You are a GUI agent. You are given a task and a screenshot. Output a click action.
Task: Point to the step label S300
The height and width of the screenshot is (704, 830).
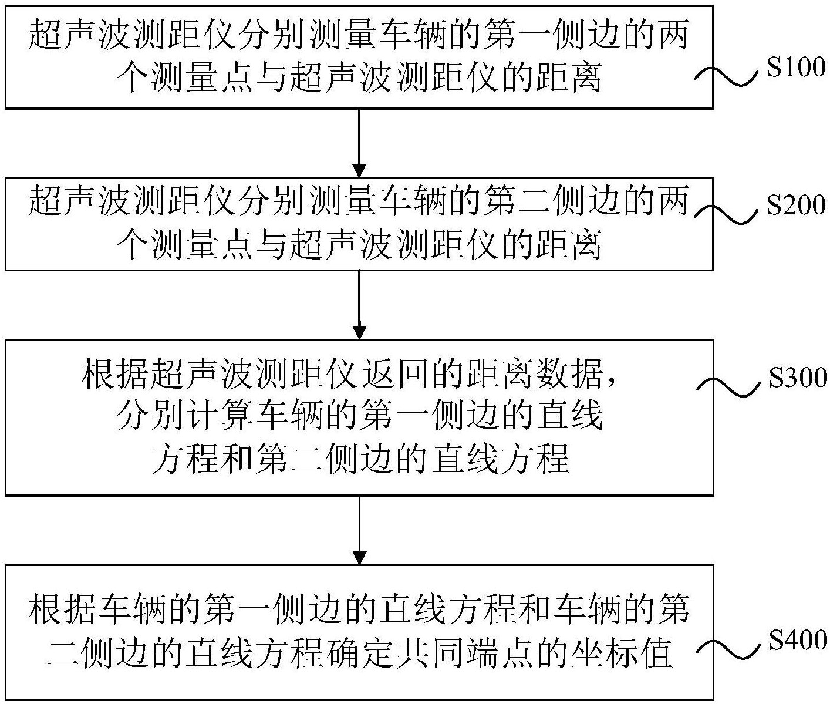point(798,378)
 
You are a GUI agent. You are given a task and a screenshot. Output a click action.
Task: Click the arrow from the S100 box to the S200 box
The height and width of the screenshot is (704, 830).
point(359,143)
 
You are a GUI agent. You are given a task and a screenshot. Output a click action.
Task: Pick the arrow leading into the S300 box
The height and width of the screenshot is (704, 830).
point(359,305)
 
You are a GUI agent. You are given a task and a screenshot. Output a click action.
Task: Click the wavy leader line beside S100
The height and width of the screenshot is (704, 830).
point(728,77)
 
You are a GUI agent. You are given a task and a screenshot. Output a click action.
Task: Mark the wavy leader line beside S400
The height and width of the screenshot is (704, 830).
point(728,650)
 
